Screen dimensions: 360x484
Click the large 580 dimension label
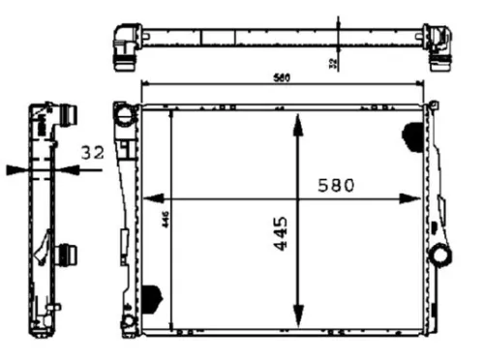pos(331,185)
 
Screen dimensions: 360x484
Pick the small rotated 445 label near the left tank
pos(165,221)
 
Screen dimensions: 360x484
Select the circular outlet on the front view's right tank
pos(441,257)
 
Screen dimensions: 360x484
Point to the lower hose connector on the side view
pos(68,257)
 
